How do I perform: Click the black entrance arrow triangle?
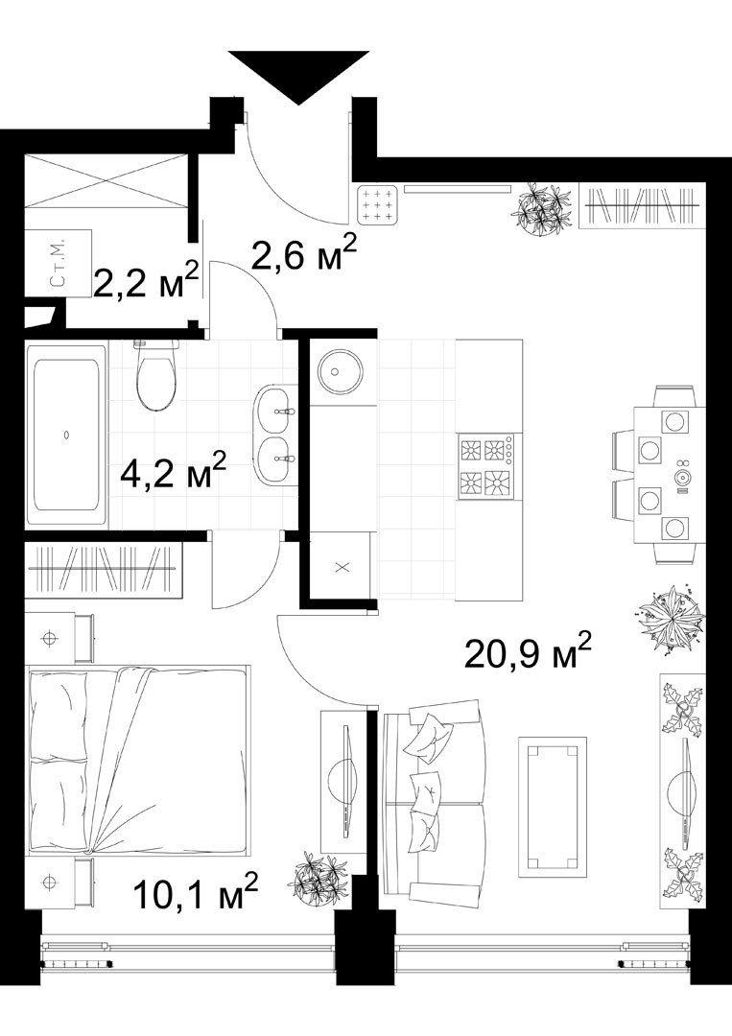pyautogui.click(x=299, y=71)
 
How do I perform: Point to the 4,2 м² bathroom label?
pyautogui.click(x=175, y=470)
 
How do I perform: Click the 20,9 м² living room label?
pyautogui.click(x=528, y=650)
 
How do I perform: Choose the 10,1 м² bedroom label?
pyautogui.click(x=195, y=892)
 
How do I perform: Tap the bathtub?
pyautogui.click(x=66, y=434)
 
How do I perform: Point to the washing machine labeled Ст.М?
pyautogui.click(x=58, y=263)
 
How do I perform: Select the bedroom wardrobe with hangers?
pyautogui.click(x=104, y=570)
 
